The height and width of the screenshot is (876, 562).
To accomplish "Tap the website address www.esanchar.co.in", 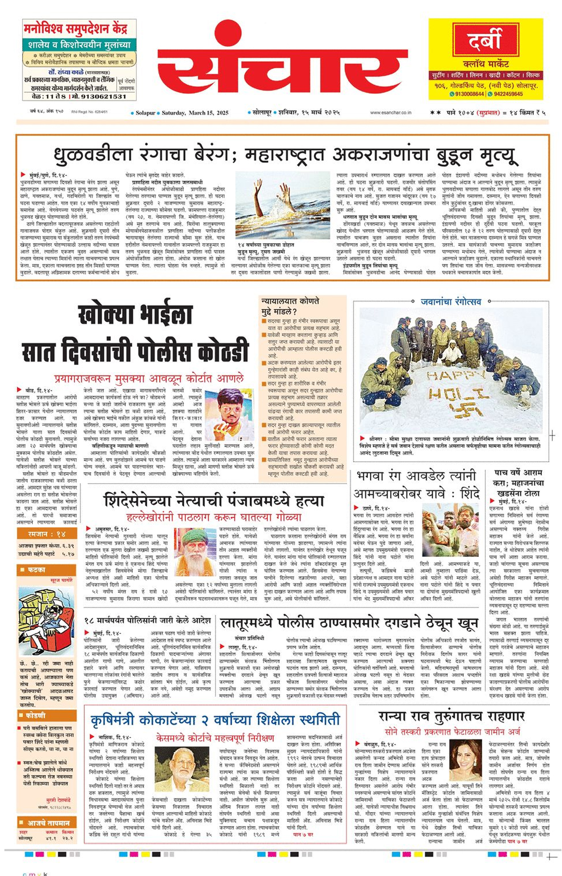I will tap(391, 112).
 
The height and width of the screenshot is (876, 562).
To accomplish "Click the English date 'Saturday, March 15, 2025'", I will tap(195, 113).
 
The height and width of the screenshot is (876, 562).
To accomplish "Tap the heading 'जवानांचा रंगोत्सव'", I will tap(451, 302).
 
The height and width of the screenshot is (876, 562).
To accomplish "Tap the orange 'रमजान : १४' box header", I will tap(47, 534).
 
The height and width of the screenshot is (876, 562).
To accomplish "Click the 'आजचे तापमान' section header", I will tap(47, 823).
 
